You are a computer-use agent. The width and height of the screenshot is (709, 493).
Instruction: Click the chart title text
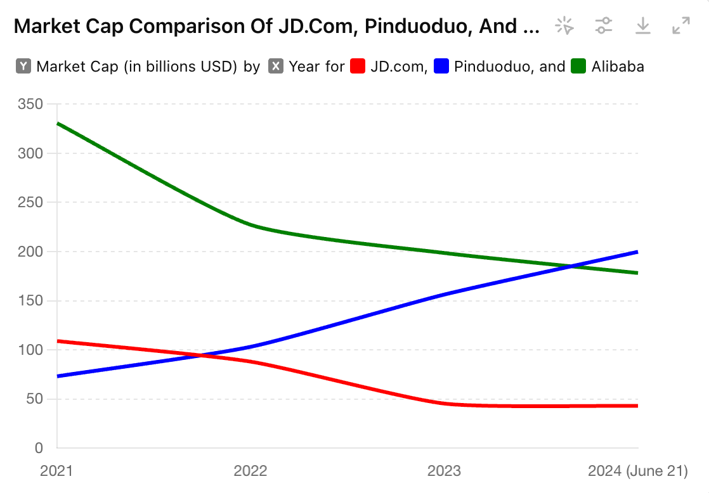[x=276, y=26]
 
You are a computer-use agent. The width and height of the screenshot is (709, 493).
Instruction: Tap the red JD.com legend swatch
[x=358, y=67]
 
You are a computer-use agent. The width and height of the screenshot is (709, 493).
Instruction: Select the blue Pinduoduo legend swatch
[x=442, y=67]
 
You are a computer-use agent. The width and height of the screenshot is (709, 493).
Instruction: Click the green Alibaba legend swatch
[x=579, y=67]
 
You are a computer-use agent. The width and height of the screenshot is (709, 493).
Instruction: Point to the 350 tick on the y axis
[x=30, y=104]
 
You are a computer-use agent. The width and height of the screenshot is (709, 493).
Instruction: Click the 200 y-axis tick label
[x=30, y=252]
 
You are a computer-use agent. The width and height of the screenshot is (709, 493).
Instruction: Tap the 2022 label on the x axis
[x=250, y=471]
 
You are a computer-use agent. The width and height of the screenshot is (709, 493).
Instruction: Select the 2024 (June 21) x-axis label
[x=637, y=471]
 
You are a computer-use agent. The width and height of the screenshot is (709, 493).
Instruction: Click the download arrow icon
[x=643, y=26]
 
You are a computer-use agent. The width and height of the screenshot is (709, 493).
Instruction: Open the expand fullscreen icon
[x=681, y=26]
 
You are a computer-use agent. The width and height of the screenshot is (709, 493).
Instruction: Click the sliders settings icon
[x=604, y=26]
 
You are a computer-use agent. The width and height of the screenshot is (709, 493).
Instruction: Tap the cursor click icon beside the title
[x=564, y=26]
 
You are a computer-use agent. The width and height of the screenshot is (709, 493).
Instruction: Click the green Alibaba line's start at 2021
[x=58, y=124]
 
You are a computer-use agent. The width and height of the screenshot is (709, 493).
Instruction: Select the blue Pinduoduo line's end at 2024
[x=637, y=252]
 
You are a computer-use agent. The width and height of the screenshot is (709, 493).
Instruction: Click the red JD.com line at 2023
[x=445, y=403]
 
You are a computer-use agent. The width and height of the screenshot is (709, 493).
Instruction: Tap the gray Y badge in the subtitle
[x=23, y=67]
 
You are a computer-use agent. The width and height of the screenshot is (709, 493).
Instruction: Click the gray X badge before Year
[x=276, y=67]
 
